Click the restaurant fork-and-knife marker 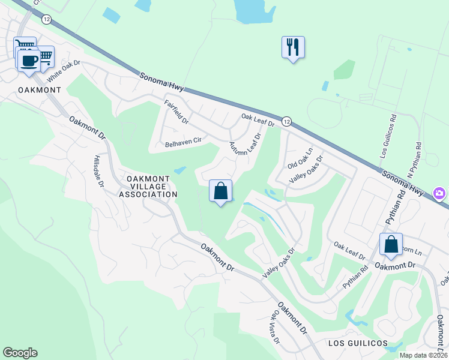[293, 47]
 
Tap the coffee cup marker [28, 60]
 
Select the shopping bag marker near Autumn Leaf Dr [220, 191]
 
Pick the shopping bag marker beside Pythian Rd [391, 245]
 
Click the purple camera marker [440, 193]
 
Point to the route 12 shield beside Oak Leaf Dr [286, 122]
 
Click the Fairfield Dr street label [176, 112]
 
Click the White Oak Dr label [64, 70]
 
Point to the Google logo [20, 353]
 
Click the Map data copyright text [423, 355]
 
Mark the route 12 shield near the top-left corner [47, 19]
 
